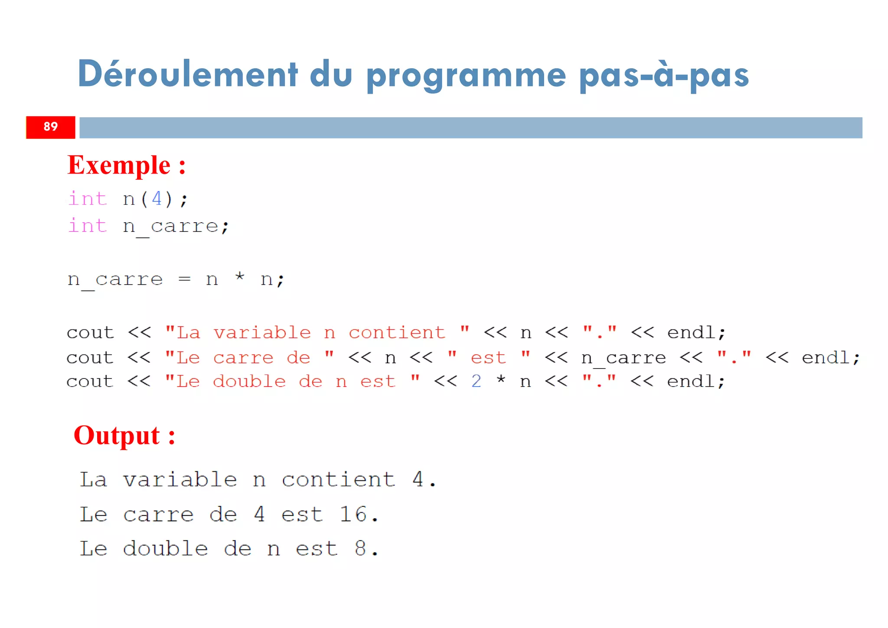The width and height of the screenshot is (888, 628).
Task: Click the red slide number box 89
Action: [50, 127]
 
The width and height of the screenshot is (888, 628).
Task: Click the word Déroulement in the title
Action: [188, 74]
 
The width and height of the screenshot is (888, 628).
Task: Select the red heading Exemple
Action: [119, 165]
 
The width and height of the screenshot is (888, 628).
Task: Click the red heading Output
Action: [117, 435]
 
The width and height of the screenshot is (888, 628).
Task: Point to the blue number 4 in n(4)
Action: [157, 199]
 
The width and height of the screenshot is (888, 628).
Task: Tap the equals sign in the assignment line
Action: [184, 279]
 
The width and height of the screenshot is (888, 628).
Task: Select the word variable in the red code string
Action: [262, 333]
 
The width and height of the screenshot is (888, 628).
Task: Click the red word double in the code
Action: [249, 381]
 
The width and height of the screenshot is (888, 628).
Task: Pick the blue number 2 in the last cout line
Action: [476, 381]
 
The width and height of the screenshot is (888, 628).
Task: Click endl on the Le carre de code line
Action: [826, 358]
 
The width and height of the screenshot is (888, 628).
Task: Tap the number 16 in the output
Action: [353, 514]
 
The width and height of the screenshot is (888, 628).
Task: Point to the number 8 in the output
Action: [360, 549]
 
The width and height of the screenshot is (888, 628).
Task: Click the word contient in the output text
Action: [338, 480]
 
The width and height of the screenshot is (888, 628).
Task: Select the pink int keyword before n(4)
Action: [88, 199]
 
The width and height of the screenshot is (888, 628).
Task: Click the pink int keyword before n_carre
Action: [88, 226]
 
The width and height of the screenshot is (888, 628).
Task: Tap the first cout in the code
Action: [90, 333]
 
